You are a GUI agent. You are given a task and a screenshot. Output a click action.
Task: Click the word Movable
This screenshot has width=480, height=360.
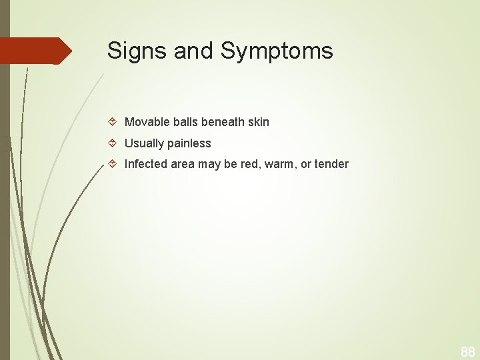pyautogui.click(x=147, y=122)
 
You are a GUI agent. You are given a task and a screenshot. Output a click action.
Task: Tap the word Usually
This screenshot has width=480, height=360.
pyautogui.click(x=145, y=143)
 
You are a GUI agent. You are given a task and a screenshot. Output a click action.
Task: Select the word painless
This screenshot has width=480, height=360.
pyautogui.click(x=189, y=143)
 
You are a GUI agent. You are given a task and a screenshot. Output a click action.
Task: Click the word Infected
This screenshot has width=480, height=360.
pyautogui.click(x=146, y=164)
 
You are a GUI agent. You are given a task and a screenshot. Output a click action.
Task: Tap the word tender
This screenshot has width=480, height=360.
pyautogui.click(x=331, y=164)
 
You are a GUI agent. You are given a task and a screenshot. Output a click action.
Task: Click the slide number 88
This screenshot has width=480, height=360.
pyautogui.click(x=467, y=351)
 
